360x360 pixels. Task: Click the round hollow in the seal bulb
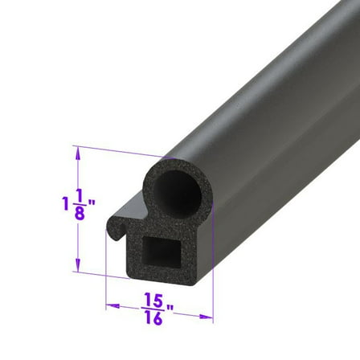pos(170,192)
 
